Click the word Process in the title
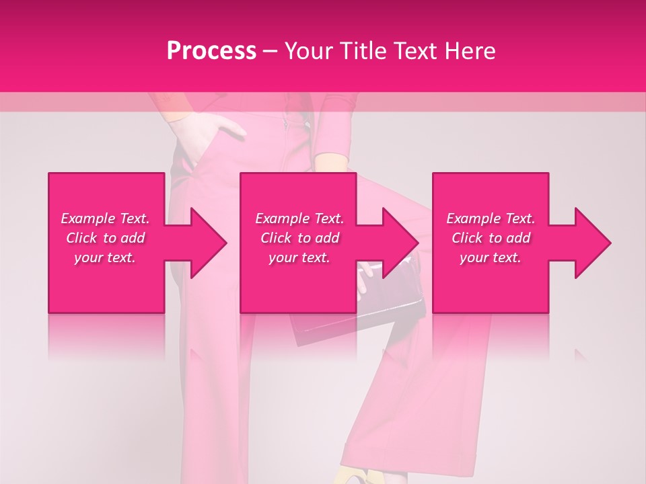coord(211,51)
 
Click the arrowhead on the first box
coord(205,243)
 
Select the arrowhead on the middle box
coord(398,243)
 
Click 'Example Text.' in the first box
coord(105,218)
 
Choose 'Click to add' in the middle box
coord(299,238)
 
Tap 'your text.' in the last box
coord(491,257)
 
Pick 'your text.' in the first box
coord(105,257)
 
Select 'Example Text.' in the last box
coord(491,218)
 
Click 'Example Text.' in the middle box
coord(299,218)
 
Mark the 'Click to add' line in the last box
coord(491,238)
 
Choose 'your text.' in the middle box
coord(299,257)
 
